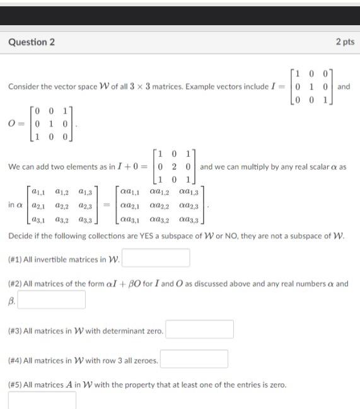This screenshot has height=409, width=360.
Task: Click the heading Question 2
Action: [x=32, y=42]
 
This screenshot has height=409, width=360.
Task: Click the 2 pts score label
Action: [x=345, y=42]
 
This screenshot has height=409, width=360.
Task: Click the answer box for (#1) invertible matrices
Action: [x=156, y=258]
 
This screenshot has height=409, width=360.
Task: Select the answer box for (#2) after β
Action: [x=52, y=299]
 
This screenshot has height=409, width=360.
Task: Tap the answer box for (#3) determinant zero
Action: [x=200, y=329]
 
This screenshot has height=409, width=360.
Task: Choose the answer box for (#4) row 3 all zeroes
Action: [x=194, y=359]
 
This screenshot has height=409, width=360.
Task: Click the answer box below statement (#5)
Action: [x=42, y=400]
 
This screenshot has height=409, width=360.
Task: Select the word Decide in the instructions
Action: [x=21, y=238]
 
